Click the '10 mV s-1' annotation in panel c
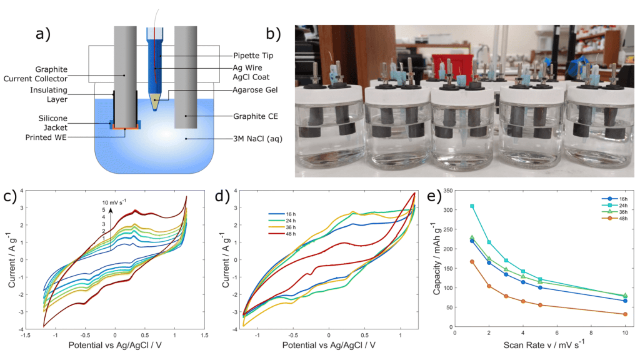pos(116,202)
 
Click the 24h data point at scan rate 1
pos(472,206)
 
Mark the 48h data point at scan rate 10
pos(625,314)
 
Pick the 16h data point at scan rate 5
pos(540,287)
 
